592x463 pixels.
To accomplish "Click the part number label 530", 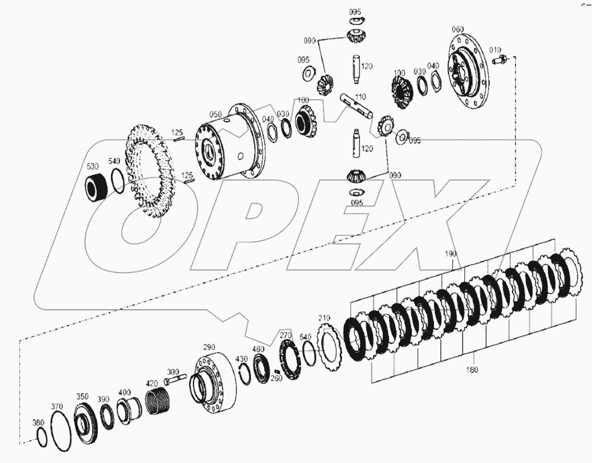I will tap(92, 166).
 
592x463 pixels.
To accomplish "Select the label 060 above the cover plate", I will tap(457, 29).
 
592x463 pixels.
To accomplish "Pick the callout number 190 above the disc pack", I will tap(451, 254).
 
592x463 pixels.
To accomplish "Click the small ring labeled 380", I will tap(42, 436).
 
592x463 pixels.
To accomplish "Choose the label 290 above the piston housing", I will tap(208, 347).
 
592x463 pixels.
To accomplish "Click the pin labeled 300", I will tap(175, 379).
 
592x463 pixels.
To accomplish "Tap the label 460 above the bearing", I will tap(258, 349).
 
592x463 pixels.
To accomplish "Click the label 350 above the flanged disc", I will tap(82, 397).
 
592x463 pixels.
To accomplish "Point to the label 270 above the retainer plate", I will tap(286, 335).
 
